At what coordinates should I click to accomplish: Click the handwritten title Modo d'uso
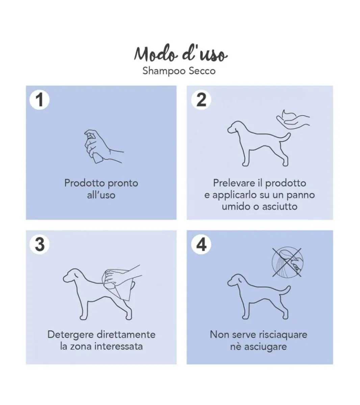click(x=181, y=54)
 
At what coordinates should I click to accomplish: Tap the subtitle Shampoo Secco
click(x=179, y=71)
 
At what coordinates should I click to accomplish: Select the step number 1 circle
click(x=40, y=100)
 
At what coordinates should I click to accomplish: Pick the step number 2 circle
click(x=201, y=100)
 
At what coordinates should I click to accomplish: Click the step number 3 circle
click(x=40, y=244)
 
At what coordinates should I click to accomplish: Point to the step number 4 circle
click(x=201, y=244)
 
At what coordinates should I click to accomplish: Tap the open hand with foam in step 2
click(x=293, y=119)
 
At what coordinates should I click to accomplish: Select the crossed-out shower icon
click(x=287, y=263)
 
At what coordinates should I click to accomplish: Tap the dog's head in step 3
click(x=72, y=275)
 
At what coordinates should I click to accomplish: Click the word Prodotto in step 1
click(x=85, y=183)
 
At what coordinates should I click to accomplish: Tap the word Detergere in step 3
click(x=71, y=334)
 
